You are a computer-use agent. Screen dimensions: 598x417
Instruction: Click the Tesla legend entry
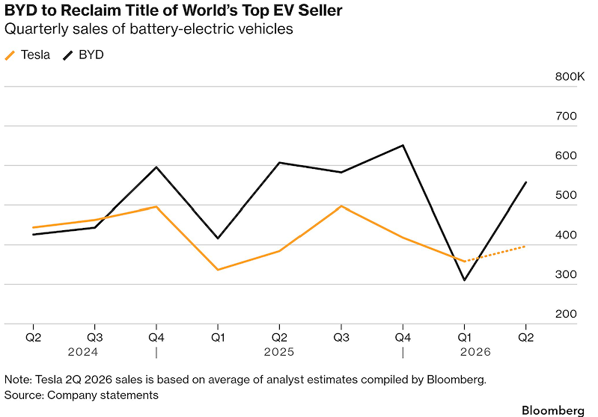(x=28, y=55)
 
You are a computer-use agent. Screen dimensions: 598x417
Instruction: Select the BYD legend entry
(x=83, y=55)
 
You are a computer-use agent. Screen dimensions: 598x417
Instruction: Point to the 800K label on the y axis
(x=570, y=76)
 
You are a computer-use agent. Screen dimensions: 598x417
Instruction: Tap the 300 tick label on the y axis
(x=566, y=274)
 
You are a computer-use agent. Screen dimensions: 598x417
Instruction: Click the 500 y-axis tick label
(x=566, y=195)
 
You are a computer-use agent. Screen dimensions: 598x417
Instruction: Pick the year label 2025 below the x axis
(x=279, y=352)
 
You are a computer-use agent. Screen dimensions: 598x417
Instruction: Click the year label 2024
(x=83, y=352)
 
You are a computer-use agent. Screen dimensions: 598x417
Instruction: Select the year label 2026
(x=475, y=352)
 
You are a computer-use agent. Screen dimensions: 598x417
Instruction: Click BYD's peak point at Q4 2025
(x=403, y=145)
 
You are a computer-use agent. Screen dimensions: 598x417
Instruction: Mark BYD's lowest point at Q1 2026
(x=465, y=281)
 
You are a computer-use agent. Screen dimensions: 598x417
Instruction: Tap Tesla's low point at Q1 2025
(x=218, y=270)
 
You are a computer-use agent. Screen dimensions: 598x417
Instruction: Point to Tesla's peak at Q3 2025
(x=341, y=206)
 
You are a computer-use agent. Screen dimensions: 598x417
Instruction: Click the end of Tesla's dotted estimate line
(x=526, y=247)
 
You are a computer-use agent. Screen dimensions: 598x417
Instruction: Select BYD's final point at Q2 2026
(x=526, y=182)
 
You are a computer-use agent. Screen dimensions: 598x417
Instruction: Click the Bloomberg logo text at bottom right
(x=553, y=410)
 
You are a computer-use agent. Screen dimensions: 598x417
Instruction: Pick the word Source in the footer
(x=23, y=395)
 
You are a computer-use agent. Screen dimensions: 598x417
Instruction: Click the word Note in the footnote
(x=16, y=380)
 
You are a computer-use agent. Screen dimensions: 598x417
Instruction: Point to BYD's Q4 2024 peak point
(x=156, y=167)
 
